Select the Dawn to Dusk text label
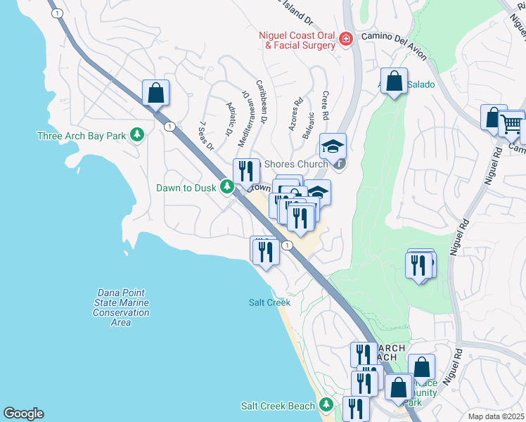[186, 188]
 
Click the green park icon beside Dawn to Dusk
[226, 187]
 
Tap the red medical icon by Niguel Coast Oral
[345, 39]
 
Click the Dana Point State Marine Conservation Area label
[121, 307]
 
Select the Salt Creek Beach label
[278, 406]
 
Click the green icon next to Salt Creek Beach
[326, 405]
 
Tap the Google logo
[23, 414]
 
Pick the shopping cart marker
[511, 124]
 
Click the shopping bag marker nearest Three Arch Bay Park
[155, 92]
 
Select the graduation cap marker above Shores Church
[333, 146]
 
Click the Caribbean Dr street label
[261, 103]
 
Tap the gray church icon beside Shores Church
[339, 165]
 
